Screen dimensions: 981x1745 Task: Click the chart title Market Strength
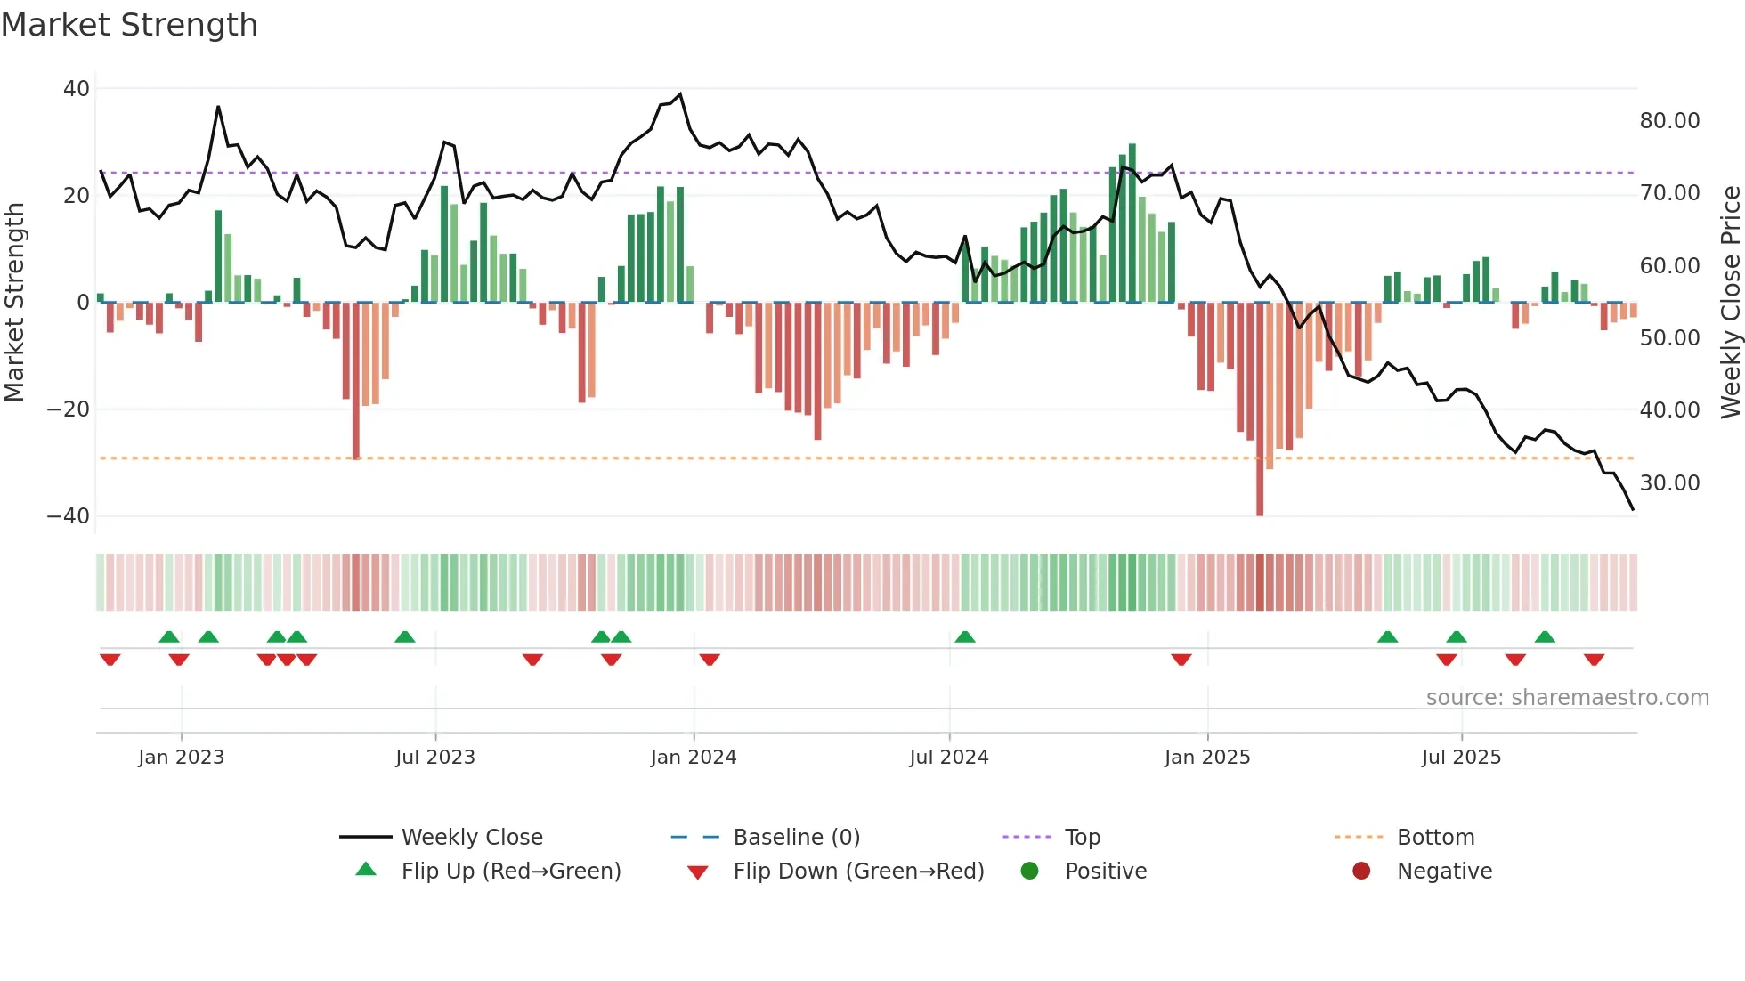click(130, 25)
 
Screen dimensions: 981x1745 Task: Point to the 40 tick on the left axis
click(77, 89)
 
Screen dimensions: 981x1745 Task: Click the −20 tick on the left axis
click(69, 409)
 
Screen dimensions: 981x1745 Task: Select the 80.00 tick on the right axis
click(1669, 121)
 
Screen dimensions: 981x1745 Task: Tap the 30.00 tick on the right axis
click(1669, 483)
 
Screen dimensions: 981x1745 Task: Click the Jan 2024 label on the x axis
click(694, 758)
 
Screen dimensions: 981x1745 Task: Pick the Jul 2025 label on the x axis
click(1461, 758)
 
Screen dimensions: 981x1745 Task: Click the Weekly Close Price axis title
click(1730, 303)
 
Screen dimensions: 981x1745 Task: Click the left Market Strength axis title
click(15, 303)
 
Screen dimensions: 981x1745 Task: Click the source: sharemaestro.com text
click(1567, 698)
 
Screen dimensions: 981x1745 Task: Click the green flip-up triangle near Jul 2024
click(965, 637)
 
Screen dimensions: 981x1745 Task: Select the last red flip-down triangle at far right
click(1594, 660)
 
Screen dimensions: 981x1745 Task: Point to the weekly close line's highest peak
click(680, 94)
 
